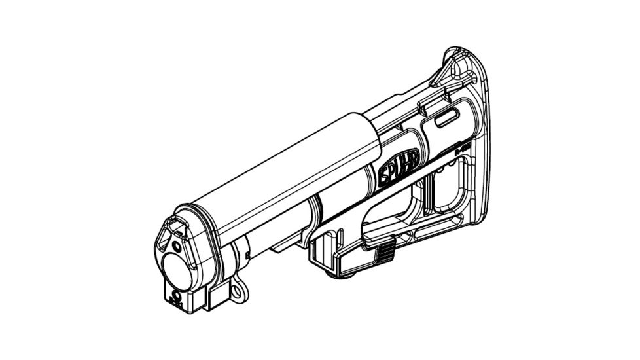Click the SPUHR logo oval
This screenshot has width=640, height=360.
click(400, 172)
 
